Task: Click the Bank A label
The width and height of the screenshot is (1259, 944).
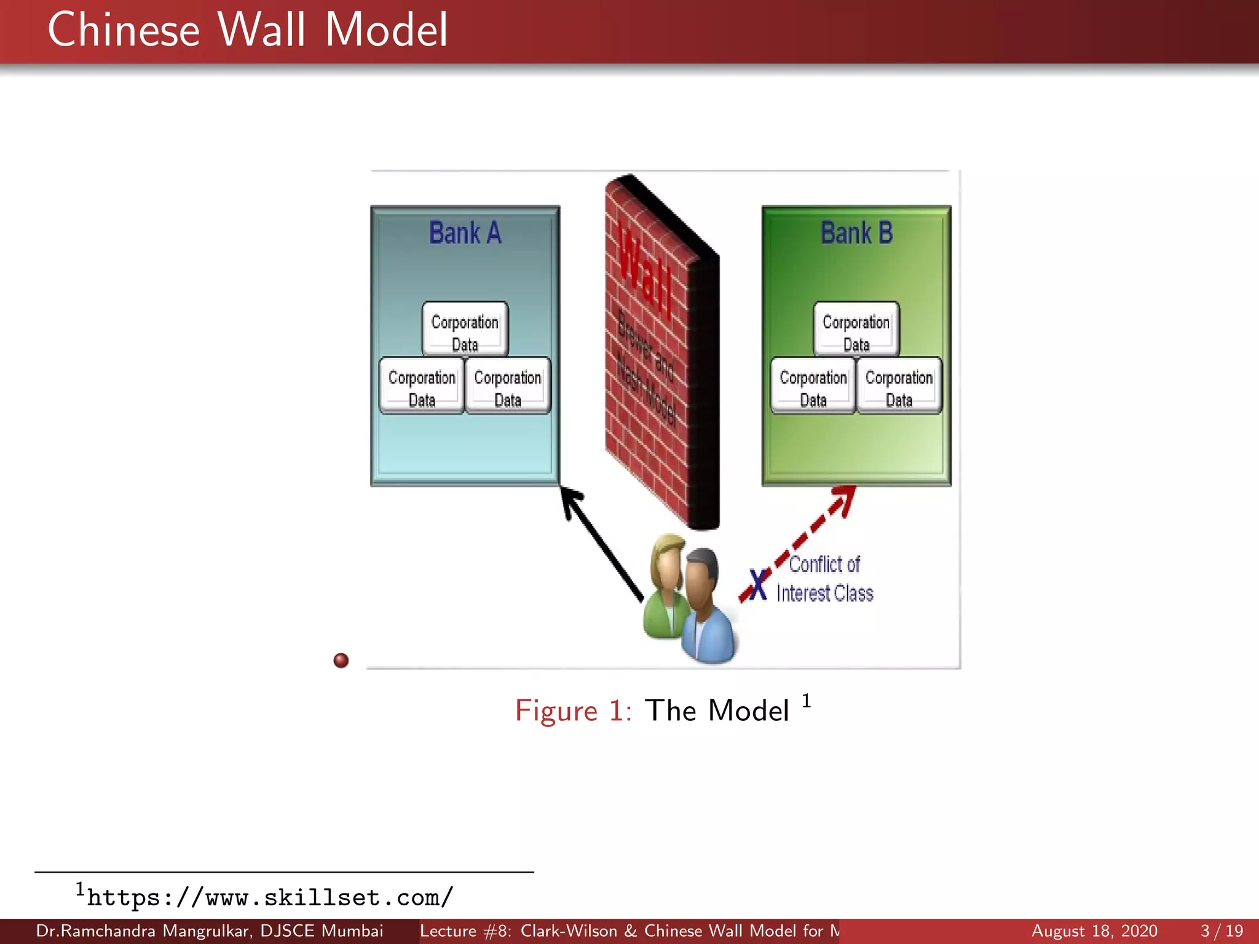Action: point(465,234)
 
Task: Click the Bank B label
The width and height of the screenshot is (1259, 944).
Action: point(856,234)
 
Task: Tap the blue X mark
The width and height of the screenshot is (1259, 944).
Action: point(758,584)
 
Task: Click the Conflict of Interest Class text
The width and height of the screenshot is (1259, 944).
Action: point(824,578)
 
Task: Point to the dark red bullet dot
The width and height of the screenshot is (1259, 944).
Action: point(341,660)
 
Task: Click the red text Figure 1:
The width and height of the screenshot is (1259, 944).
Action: point(573,711)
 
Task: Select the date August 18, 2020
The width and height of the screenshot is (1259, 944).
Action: point(1094,931)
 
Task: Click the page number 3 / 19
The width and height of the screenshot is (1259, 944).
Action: point(1222,931)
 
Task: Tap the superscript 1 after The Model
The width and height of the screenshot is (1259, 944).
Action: point(807,701)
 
